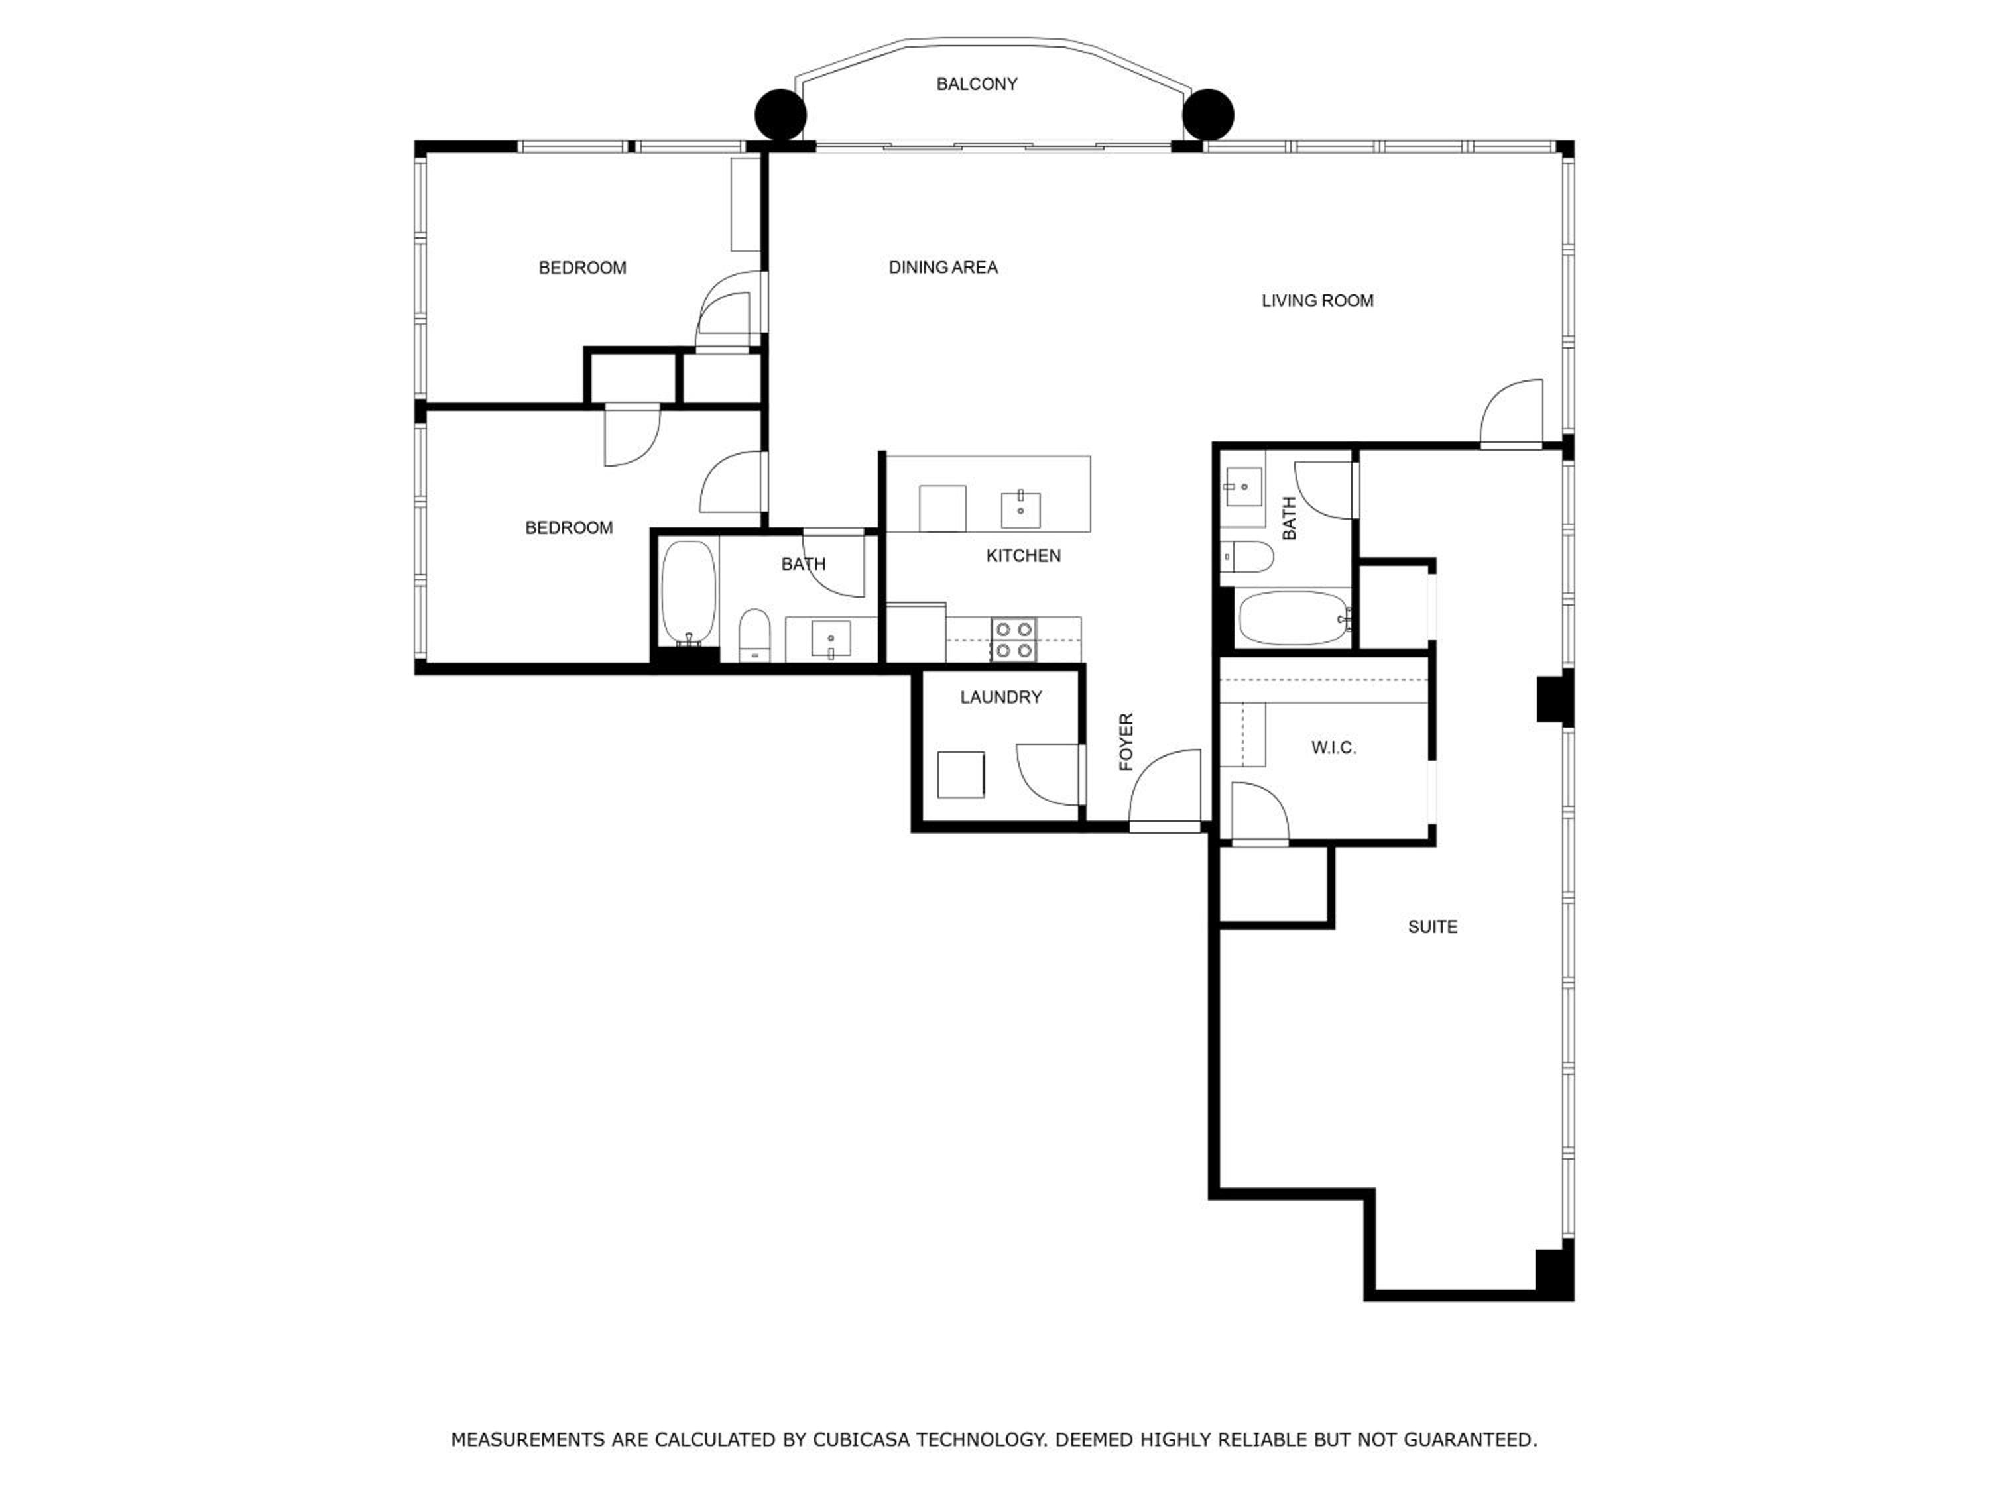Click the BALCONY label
tap(977, 84)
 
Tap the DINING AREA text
tap(943, 268)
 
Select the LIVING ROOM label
tap(1317, 301)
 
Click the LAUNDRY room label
tap(1000, 697)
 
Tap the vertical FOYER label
tap(1126, 742)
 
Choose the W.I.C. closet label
tap(1333, 747)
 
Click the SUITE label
tap(1432, 926)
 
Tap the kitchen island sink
tap(1020, 510)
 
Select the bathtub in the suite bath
tap(1292, 618)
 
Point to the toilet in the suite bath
tap(1247, 557)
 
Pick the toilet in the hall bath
tap(754, 635)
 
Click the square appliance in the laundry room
tap(960, 775)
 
